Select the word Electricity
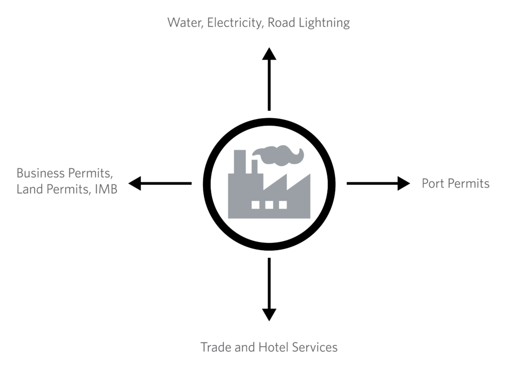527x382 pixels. (x=235, y=23)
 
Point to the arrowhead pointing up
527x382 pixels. (x=269, y=54)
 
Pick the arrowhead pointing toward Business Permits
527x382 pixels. (x=135, y=183)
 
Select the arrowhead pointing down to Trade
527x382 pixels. (x=269, y=314)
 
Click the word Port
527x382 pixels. (x=433, y=183)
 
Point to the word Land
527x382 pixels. (x=29, y=189)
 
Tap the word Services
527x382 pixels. (x=314, y=347)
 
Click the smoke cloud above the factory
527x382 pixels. (x=278, y=153)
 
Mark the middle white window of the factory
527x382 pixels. (x=269, y=204)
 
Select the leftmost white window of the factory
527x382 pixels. (x=255, y=204)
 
